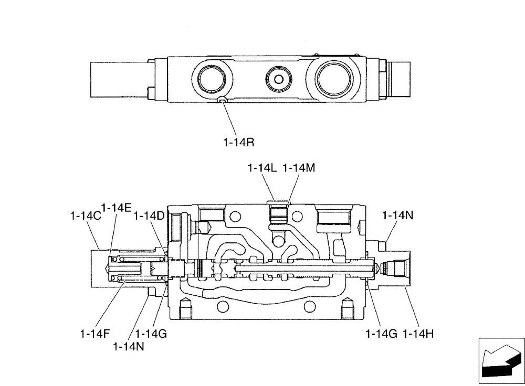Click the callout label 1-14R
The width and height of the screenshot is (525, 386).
(240, 141)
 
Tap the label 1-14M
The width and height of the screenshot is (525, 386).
(299, 168)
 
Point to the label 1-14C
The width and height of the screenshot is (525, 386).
(85, 216)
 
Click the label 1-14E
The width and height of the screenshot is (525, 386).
(116, 208)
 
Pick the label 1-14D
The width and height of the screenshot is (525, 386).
(149, 216)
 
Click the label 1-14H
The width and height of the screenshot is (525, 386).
(418, 333)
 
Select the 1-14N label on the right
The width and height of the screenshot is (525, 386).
(397, 215)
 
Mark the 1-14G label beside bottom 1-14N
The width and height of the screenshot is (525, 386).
(151, 333)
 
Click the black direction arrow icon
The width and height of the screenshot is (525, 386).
(501, 361)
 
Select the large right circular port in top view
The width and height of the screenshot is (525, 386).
(333, 79)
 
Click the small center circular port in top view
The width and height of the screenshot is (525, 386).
(279, 79)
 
